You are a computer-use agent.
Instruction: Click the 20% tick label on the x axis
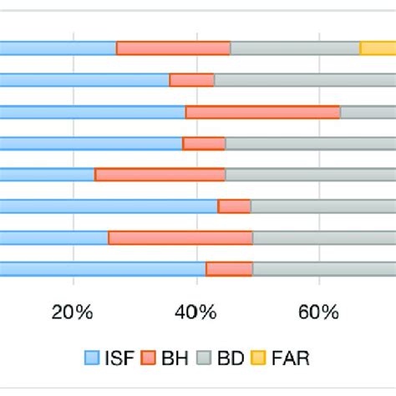(x=73, y=312)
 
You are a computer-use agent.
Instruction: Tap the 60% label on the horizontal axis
(x=318, y=312)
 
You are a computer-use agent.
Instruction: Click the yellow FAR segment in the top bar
(x=378, y=48)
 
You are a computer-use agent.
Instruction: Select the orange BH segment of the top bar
(x=173, y=48)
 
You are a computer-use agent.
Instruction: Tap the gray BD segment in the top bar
(x=295, y=48)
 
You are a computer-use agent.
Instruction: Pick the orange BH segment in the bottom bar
(x=229, y=268)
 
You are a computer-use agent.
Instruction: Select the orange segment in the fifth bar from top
(x=160, y=175)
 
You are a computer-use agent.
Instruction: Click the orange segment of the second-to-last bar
(x=180, y=237)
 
